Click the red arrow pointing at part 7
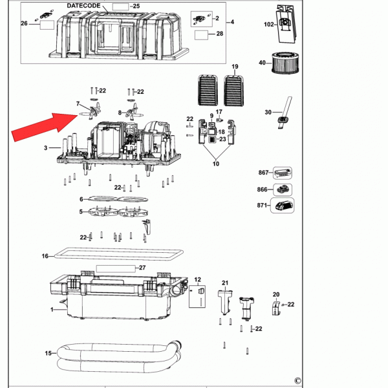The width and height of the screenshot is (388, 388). point(45,127)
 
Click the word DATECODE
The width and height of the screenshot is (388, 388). point(83,6)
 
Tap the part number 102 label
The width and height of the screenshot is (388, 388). point(269,25)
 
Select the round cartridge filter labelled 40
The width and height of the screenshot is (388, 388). point(285,63)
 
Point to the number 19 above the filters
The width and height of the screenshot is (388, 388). point(235,67)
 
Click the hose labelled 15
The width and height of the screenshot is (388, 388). point(119,356)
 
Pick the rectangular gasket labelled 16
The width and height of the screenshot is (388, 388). point(118,254)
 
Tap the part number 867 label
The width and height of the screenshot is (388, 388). point(263,172)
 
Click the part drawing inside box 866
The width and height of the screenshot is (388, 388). point(283,189)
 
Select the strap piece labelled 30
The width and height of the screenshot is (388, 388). point(285,113)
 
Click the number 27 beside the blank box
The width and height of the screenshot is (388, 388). point(142,268)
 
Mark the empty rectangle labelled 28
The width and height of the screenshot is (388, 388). point(201,35)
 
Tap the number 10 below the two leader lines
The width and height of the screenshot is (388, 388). point(216,164)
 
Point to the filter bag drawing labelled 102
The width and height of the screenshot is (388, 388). point(286,24)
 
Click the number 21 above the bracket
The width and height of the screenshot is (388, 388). point(225,283)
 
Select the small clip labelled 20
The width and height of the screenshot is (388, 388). point(276,308)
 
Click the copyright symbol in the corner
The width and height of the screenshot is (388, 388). point(297,380)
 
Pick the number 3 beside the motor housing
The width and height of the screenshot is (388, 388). point(45,147)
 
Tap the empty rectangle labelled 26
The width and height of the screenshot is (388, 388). point(47,25)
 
